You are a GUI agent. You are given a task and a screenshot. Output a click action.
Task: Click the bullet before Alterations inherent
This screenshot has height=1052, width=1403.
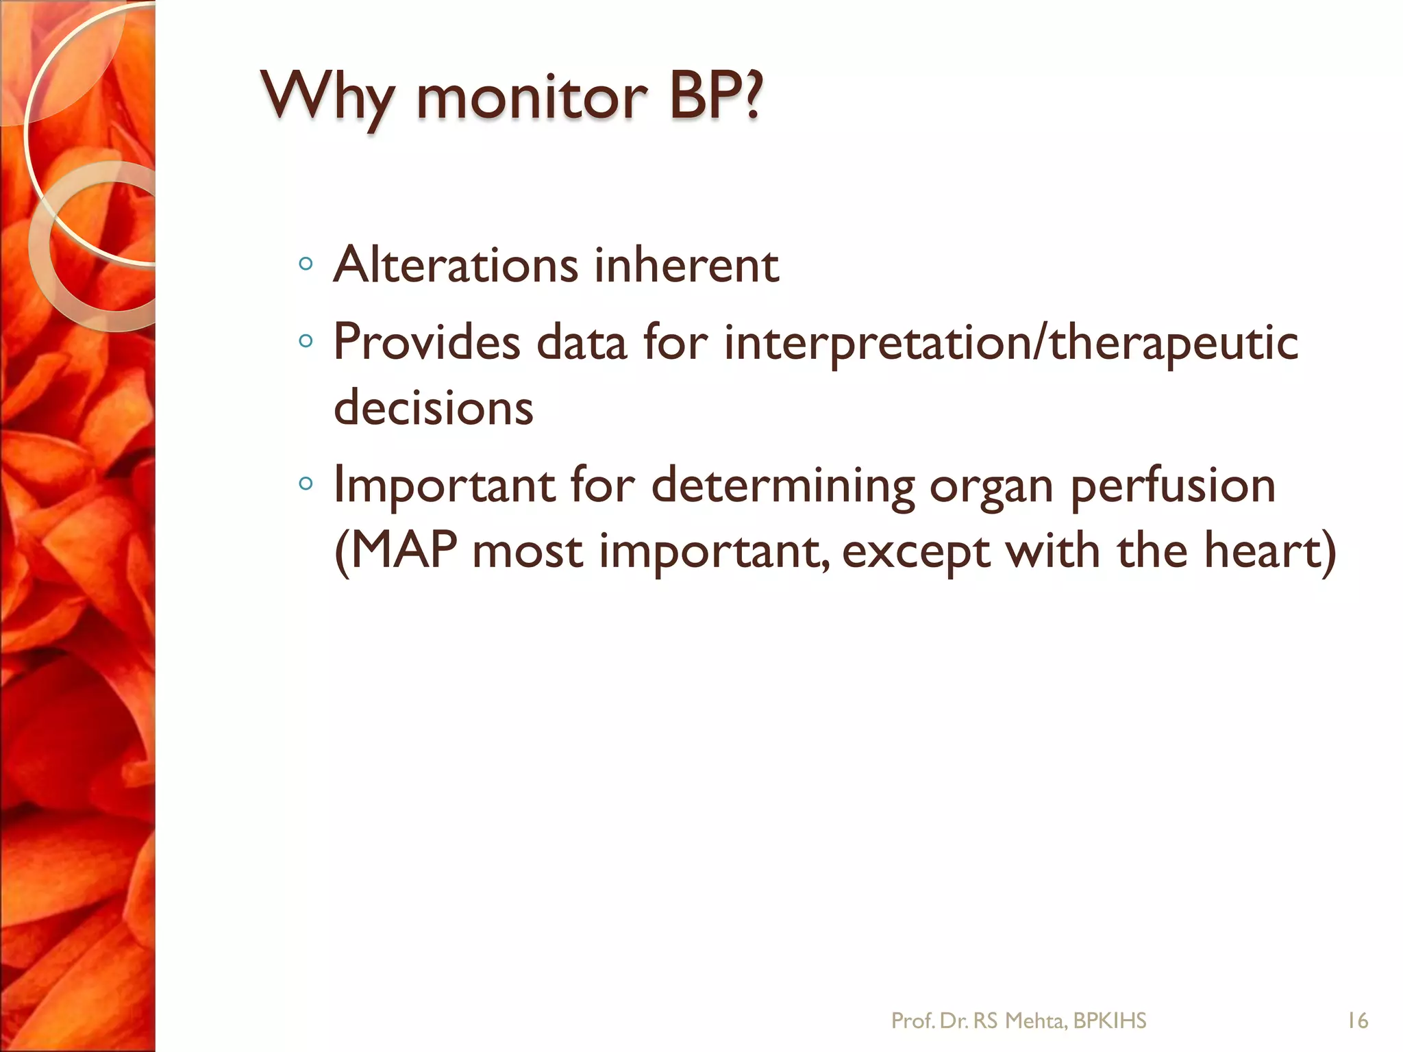tap(306, 264)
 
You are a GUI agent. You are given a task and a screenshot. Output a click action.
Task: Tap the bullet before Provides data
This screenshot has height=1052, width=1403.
tap(306, 340)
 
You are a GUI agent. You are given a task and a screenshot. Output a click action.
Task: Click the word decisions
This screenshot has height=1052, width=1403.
tap(433, 408)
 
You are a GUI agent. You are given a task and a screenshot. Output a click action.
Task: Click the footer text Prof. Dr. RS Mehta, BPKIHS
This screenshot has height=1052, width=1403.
tap(1018, 1021)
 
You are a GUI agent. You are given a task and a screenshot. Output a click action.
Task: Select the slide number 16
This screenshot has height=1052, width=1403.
tap(1357, 1021)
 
